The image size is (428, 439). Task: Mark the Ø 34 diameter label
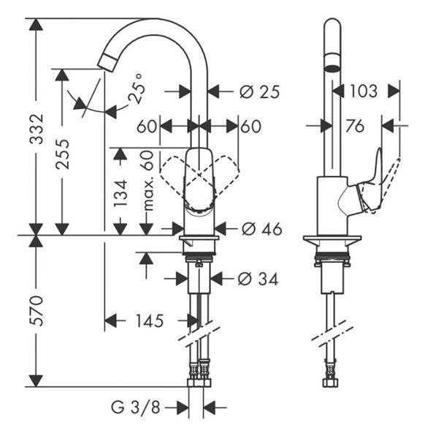tap(259, 278)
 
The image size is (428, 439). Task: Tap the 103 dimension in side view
tap(363, 91)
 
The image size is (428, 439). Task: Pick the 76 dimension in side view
tap(354, 127)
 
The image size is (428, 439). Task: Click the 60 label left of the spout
tap(146, 127)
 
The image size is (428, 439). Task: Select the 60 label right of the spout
tap(251, 127)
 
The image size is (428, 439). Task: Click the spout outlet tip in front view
tap(110, 61)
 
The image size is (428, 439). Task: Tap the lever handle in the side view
tap(372, 183)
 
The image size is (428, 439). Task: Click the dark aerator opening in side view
tap(332, 68)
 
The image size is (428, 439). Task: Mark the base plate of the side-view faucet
tap(333, 241)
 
